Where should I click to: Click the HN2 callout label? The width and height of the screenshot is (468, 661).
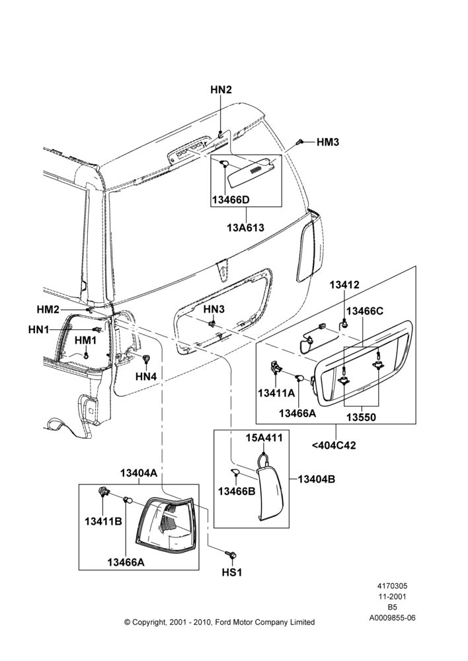click(x=221, y=90)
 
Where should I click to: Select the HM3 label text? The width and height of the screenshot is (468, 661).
click(x=328, y=142)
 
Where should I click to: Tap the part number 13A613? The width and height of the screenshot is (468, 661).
click(x=245, y=227)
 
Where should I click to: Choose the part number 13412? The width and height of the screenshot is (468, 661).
click(x=344, y=284)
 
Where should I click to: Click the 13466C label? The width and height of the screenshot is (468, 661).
click(x=365, y=311)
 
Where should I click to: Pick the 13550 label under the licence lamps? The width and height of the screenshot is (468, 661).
click(x=361, y=417)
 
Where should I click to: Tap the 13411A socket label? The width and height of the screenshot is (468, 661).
click(x=276, y=393)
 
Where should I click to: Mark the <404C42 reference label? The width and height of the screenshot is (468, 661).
click(x=334, y=445)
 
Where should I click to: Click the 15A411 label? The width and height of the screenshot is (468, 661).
click(x=264, y=438)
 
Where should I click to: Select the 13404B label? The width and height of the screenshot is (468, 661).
click(x=316, y=479)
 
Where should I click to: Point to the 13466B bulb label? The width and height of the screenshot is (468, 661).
click(x=237, y=492)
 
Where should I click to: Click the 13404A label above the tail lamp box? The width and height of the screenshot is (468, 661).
click(x=139, y=473)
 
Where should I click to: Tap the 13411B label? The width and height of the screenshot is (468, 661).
click(x=103, y=522)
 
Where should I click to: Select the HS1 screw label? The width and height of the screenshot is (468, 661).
click(x=232, y=572)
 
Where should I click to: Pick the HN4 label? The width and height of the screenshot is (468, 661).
click(x=146, y=377)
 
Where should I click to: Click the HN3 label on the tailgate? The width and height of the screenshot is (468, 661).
click(x=214, y=309)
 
